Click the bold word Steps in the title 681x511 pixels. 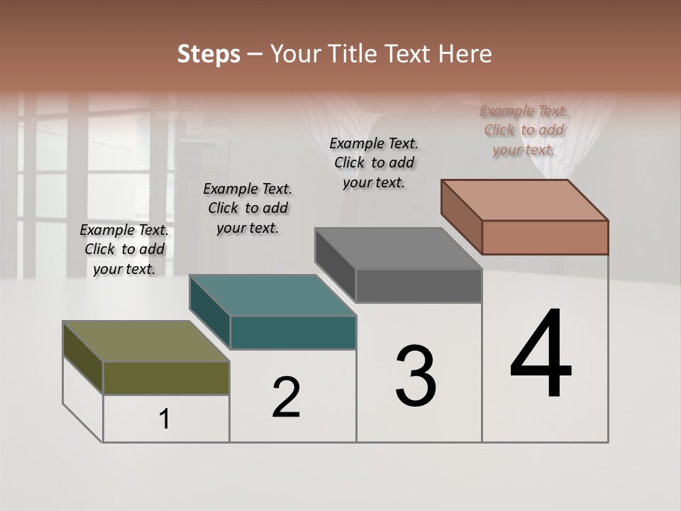pyautogui.click(x=209, y=54)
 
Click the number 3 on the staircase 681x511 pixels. pyautogui.click(x=416, y=376)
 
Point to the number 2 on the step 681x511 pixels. pyautogui.click(x=286, y=397)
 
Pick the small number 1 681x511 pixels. pyautogui.click(x=165, y=419)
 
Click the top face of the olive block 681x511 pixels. pyautogui.click(x=145, y=341)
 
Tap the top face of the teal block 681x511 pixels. pyautogui.click(x=272, y=295)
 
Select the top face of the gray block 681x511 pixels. pyautogui.click(x=398, y=248)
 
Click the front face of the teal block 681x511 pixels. pyautogui.click(x=293, y=332)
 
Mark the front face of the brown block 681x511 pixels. pyautogui.click(x=545, y=237)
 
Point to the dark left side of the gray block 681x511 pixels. pyautogui.click(x=335, y=265)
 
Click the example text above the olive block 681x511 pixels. pyautogui.click(x=124, y=249)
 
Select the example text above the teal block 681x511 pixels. pyautogui.click(x=248, y=208)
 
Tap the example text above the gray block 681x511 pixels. pyautogui.click(x=374, y=163)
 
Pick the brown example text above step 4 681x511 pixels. pyautogui.click(x=524, y=130)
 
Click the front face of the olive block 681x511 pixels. pyautogui.click(x=166, y=378)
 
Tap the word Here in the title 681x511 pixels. pyautogui.click(x=465, y=54)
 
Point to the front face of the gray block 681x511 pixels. pyautogui.click(x=419, y=285)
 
